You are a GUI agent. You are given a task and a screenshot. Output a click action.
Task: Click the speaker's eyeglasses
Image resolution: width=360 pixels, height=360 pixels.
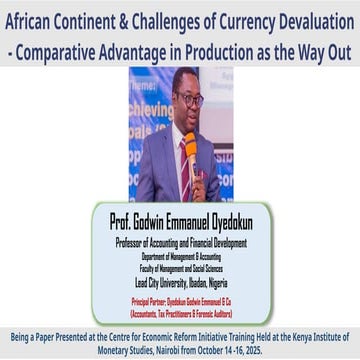coord(187,101)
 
